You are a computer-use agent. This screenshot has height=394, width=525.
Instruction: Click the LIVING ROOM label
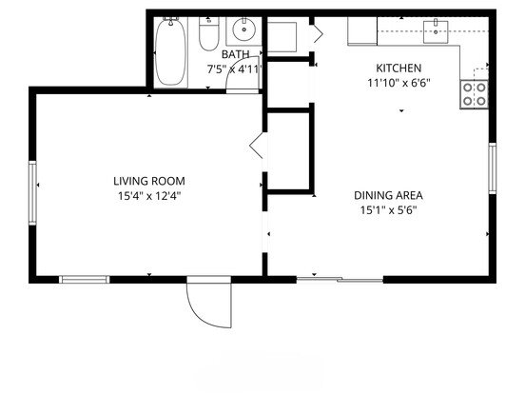[149, 181]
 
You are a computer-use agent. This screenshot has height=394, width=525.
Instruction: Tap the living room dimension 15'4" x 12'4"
[149, 196]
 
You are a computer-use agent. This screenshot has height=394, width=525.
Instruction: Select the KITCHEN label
[399, 68]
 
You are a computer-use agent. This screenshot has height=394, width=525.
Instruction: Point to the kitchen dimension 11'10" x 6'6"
[399, 83]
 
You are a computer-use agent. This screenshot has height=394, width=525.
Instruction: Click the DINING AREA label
[388, 195]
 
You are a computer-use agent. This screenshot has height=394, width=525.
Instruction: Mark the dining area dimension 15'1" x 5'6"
[388, 210]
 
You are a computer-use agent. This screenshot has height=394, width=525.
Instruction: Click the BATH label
[235, 54]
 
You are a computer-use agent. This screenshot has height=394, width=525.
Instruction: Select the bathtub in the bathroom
[171, 52]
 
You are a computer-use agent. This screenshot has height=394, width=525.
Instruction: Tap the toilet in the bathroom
[209, 33]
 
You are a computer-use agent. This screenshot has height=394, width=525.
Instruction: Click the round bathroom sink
[244, 30]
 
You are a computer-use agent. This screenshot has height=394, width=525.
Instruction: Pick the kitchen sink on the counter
[436, 31]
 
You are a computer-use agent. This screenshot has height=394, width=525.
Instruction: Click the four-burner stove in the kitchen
[474, 94]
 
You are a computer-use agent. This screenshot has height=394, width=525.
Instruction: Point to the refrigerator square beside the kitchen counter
[362, 30]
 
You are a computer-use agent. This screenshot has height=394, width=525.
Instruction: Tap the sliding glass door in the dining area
[340, 279]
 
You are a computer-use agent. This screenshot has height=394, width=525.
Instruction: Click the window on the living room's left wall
[32, 192]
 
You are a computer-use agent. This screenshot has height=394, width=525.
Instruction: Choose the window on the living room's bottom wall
[85, 280]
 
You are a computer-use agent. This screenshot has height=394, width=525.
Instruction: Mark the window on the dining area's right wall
[493, 168]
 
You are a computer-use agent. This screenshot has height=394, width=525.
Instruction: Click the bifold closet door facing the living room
[257, 146]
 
